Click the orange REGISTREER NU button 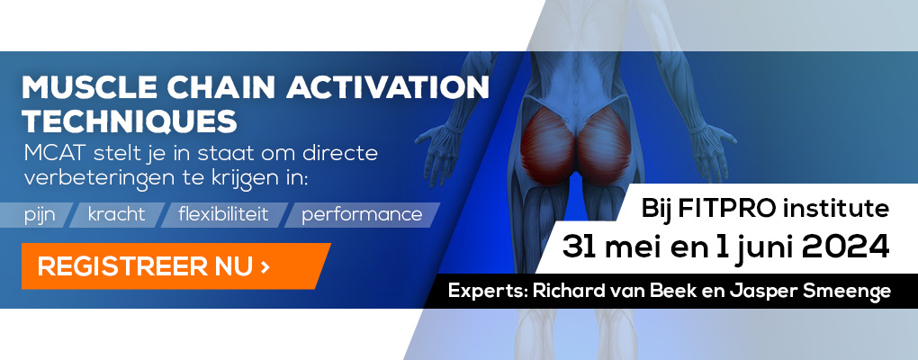pyautogui.click(x=175, y=266)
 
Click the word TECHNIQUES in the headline pyautogui.click(x=130, y=121)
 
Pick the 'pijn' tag pyautogui.click(x=40, y=215)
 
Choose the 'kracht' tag pyautogui.click(x=116, y=214)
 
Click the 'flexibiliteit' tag pyautogui.click(x=223, y=214)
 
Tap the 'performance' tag pyautogui.click(x=362, y=214)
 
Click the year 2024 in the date pyautogui.click(x=845, y=247)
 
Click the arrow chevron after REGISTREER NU pyautogui.click(x=265, y=267)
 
